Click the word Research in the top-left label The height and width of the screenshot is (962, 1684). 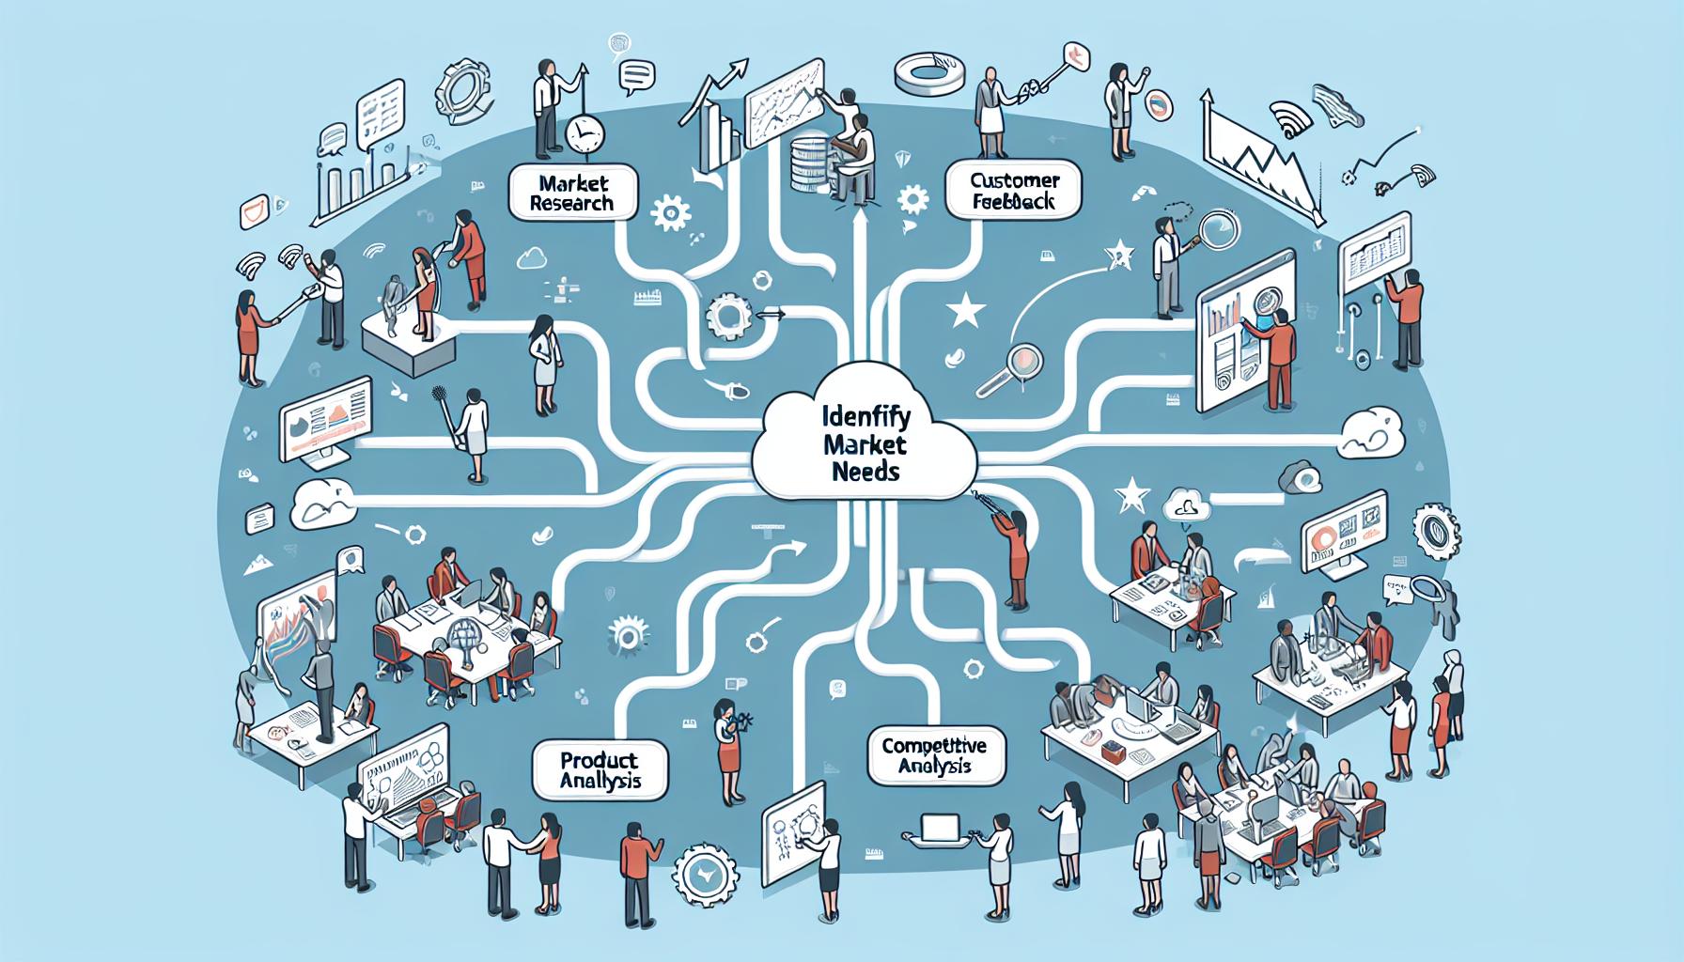tap(570, 203)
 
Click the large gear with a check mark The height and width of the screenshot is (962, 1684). tap(703, 872)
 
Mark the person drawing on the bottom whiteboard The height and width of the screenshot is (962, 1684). tap(828, 846)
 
